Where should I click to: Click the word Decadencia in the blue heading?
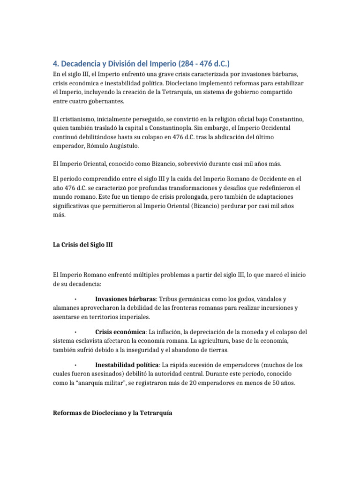tap(84, 64)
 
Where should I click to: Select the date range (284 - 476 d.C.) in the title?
tap(204, 64)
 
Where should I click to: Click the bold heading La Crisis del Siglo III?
tap(82, 245)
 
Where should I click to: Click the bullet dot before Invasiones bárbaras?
tap(75, 299)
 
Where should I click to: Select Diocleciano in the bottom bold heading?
tap(107, 414)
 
